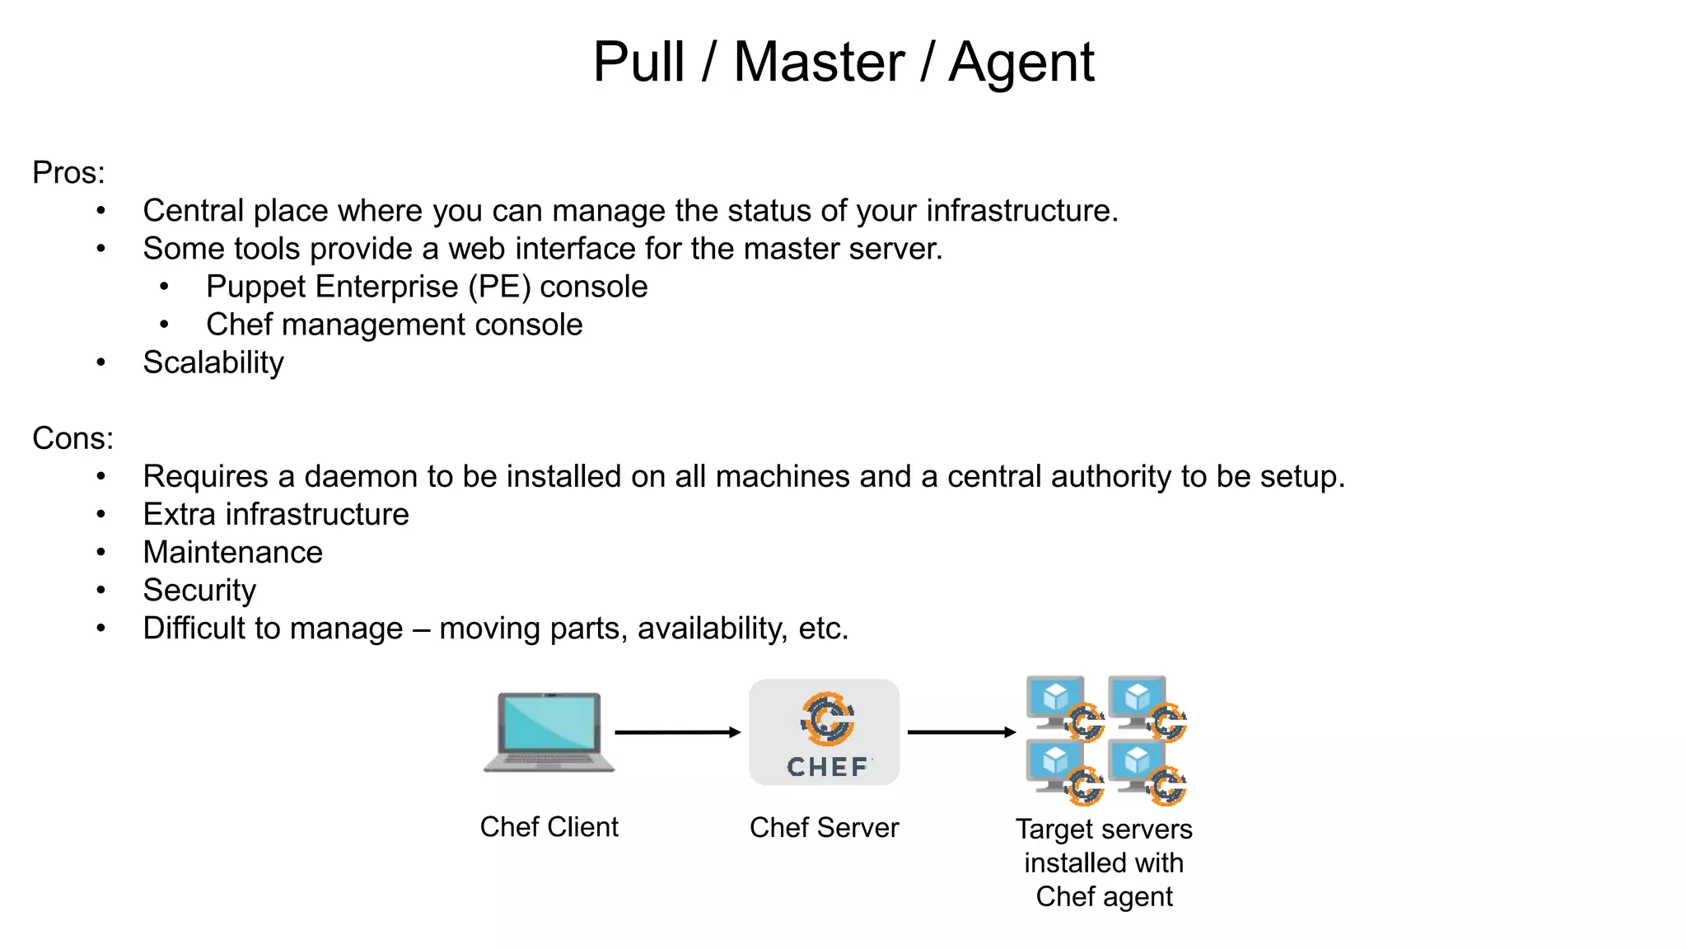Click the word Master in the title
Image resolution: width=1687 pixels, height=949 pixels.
819,63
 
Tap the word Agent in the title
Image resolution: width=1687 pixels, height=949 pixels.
1021,63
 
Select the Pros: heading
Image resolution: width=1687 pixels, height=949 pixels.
68,173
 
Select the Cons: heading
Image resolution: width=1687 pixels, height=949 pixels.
72,438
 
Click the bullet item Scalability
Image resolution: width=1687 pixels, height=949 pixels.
213,362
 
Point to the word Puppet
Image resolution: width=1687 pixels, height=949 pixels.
251,288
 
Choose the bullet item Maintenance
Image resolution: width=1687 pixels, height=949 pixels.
232,552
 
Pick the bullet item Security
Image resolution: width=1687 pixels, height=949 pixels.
199,591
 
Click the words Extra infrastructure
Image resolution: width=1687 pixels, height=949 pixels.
276,514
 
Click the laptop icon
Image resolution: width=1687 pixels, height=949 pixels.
549,732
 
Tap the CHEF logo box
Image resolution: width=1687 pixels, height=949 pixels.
824,732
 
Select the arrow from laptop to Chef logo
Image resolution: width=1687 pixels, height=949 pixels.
677,732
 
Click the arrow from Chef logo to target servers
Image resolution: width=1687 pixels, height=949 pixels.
961,732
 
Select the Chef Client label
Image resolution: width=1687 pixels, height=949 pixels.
549,827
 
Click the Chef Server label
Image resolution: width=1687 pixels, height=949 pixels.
824,828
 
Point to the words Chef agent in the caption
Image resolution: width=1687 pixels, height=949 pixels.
1104,897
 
